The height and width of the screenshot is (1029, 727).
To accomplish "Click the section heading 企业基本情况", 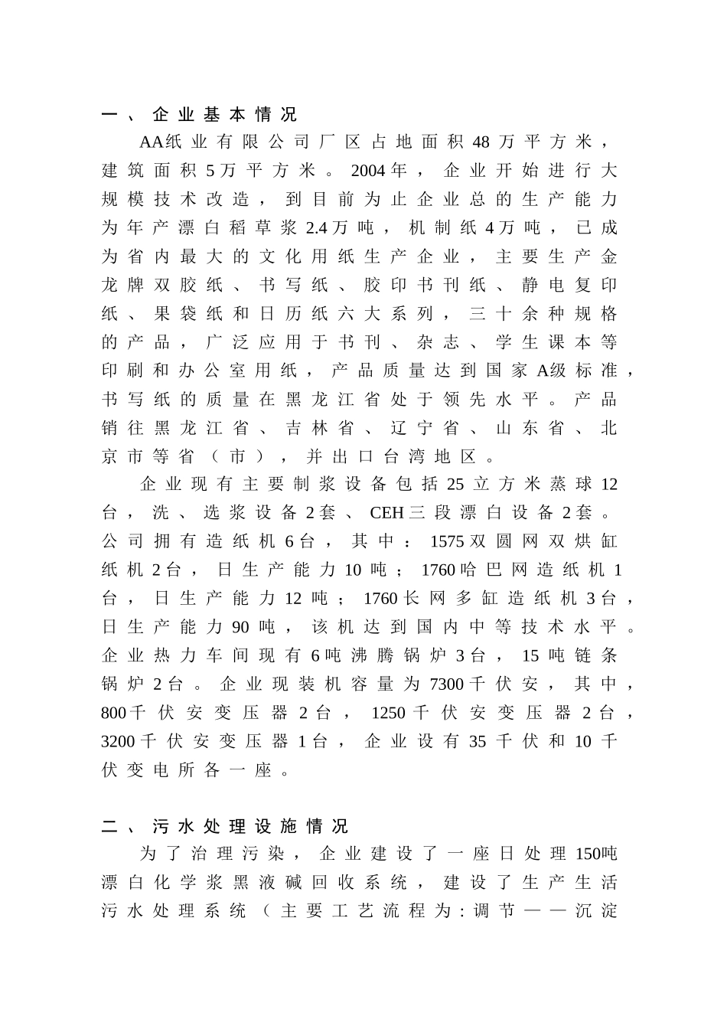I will [224, 115].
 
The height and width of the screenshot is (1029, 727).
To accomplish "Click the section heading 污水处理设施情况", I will [250, 826].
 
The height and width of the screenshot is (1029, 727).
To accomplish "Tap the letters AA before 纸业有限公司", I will [152, 143].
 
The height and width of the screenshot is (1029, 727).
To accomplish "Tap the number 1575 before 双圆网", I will [447, 542].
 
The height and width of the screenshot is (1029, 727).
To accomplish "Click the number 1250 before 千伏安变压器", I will [389, 714].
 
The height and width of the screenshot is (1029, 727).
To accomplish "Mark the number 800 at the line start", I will [113, 714].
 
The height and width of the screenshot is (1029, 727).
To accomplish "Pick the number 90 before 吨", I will [240, 628].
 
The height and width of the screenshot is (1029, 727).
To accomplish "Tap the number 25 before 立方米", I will [455, 485].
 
